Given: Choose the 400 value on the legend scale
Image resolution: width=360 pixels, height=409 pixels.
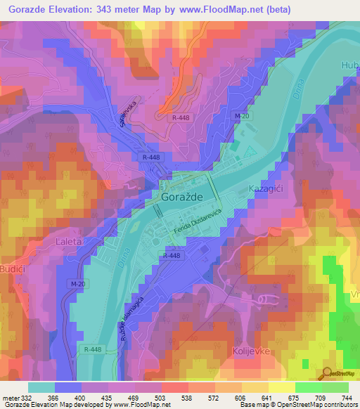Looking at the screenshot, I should coord(82,398).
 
